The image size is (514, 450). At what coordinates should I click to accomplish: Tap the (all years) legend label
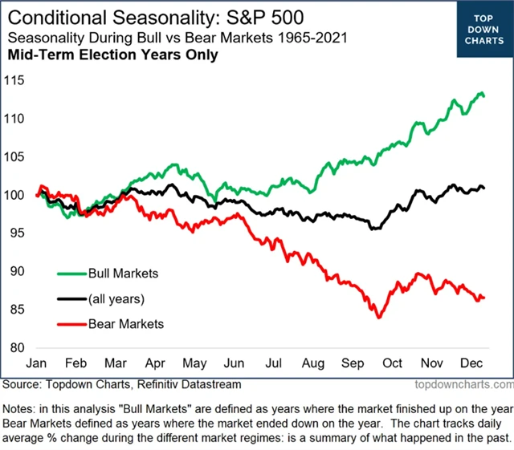(117, 298)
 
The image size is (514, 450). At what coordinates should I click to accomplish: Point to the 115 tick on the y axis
(14, 80)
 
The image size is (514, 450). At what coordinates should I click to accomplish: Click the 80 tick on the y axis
(18, 347)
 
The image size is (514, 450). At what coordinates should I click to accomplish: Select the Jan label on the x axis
(39, 363)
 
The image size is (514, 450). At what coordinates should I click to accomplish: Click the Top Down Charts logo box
(484, 30)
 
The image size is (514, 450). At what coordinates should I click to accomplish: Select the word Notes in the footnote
(22, 407)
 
